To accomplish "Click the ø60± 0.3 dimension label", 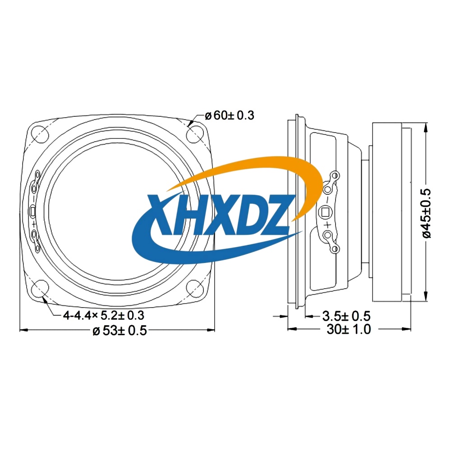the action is click(230, 115).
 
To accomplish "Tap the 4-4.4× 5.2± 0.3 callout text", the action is click(104, 316).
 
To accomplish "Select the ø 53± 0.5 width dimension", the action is click(120, 331).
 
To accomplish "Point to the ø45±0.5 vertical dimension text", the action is click(426, 213).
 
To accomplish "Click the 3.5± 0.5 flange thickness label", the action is click(346, 316).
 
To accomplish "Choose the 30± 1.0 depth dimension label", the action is click(349, 329).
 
